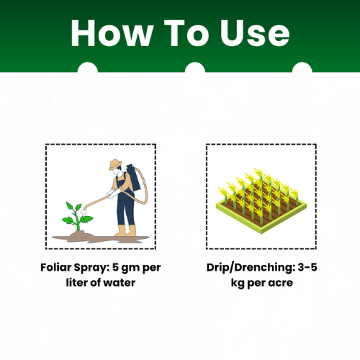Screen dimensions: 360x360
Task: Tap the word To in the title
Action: click(186, 33)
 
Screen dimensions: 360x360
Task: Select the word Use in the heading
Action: click(255, 33)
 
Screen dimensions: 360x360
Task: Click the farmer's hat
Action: click(115, 164)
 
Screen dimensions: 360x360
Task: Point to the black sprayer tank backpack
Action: click(133, 177)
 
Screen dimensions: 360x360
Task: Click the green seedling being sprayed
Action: click(77, 216)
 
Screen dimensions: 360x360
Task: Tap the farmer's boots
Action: click(125, 230)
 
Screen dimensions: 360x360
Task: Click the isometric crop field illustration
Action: click(261, 200)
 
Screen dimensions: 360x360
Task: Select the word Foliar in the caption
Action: click(56, 267)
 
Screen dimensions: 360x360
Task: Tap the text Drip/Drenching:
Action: click(251, 268)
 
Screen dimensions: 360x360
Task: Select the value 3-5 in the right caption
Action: click(307, 267)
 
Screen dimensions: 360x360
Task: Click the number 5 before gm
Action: click(115, 267)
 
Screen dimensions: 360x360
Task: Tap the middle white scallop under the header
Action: click(195, 68)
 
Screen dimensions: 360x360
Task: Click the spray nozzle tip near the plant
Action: click(85, 209)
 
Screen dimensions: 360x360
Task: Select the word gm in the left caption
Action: click(130, 269)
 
